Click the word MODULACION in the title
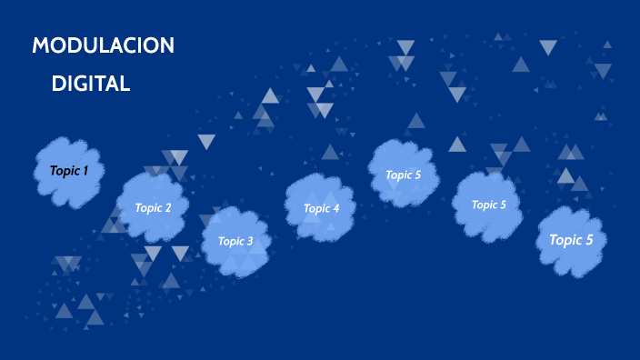(103, 46)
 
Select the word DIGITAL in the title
(91, 84)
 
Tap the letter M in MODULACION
(41, 46)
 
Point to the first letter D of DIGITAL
(58, 84)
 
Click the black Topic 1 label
(68, 171)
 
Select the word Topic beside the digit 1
(64, 171)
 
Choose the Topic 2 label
(153, 207)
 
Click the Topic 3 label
(235, 241)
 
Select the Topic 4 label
(321, 208)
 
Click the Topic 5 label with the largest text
(571, 240)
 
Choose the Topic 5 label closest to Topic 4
(403, 175)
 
